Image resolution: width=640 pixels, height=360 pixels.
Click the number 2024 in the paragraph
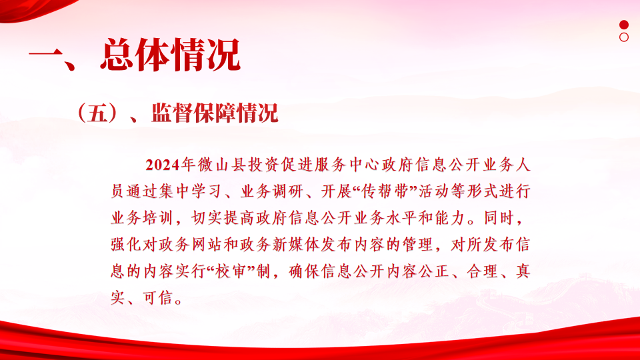[x=163, y=165]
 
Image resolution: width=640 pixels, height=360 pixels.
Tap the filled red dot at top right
[x=624, y=25]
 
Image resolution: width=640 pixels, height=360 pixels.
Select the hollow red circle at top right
[x=624, y=37]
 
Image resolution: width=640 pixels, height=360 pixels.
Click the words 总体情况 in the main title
[x=170, y=55]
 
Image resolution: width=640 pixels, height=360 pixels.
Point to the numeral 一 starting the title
[x=45, y=55]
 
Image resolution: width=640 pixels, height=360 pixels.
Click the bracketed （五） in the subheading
[x=97, y=113]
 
